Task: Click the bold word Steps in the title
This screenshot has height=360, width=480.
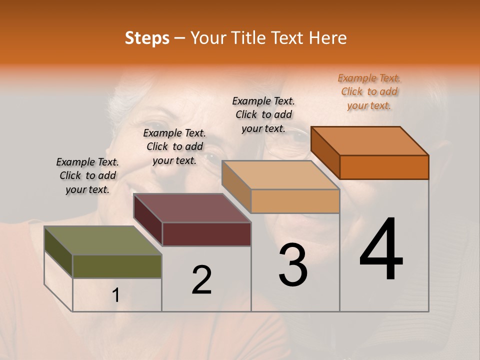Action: point(147,38)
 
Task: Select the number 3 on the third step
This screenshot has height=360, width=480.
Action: point(292,265)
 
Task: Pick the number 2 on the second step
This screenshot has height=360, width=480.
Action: point(201,280)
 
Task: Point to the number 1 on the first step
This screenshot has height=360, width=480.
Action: point(115,295)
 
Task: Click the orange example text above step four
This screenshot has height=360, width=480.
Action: point(369,91)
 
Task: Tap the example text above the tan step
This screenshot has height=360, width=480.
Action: point(263,114)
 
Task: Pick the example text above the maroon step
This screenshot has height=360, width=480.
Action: point(174,146)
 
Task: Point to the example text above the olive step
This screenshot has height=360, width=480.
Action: point(87,175)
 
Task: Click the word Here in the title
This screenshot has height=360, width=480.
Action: point(328,38)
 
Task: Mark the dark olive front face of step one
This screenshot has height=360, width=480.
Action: point(117,266)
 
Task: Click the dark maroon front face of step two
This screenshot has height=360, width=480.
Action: point(206,234)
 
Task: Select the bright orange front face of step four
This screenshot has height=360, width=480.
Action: point(384,167)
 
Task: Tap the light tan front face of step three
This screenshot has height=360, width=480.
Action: point(295,201)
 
